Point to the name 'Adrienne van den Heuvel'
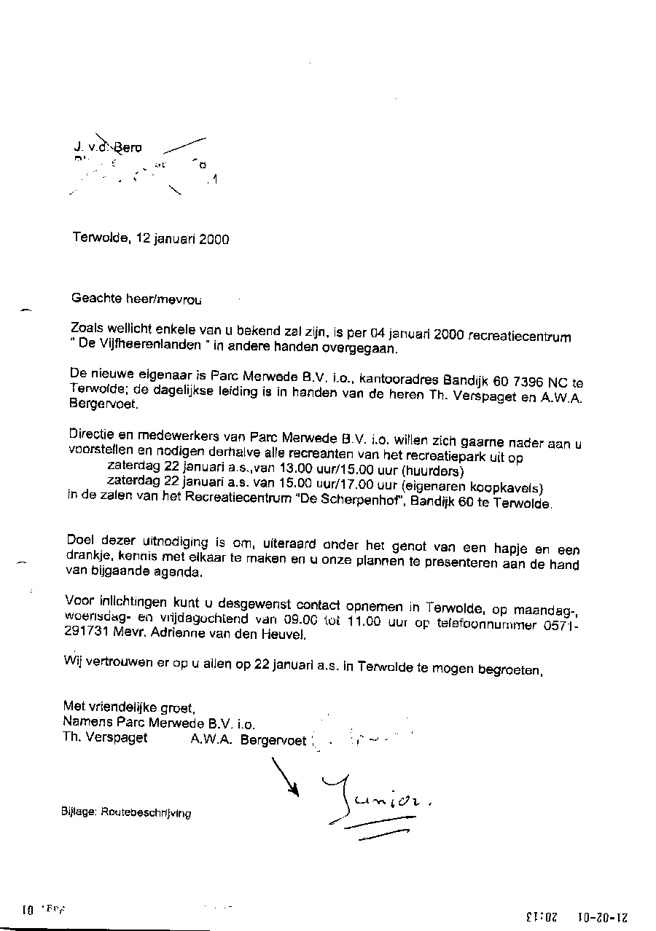(x=222, y=634)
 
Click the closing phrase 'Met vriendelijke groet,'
(x=129, y=706)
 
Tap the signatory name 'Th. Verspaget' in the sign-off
(x=105, y=737)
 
